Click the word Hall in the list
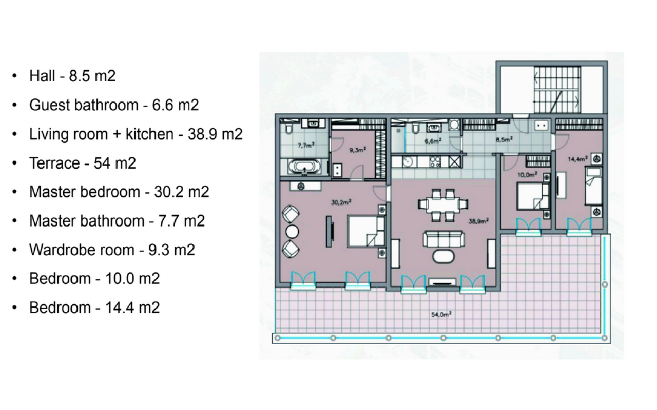42,76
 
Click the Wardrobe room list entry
112,250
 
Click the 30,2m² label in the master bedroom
340,202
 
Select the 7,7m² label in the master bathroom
306,145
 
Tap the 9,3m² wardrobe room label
357,150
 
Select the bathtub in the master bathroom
304,167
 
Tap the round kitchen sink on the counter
408,162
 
